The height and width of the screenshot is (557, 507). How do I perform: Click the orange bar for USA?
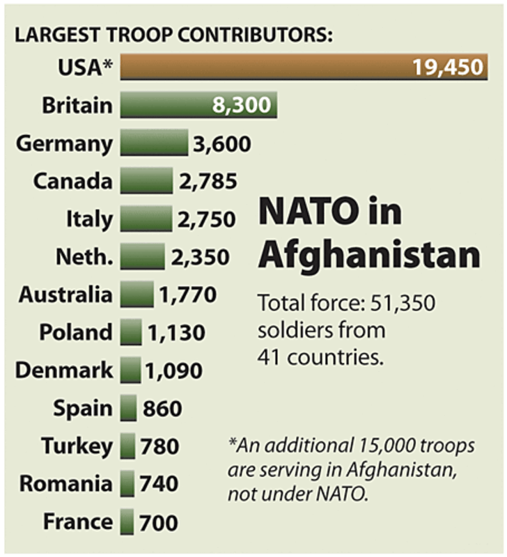265,68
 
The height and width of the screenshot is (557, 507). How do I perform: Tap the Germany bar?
153,143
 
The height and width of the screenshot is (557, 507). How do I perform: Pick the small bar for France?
127,521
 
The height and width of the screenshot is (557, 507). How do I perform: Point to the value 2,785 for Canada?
207,182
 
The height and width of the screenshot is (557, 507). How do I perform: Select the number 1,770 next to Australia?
188,295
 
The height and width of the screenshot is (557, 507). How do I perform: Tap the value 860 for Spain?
162,408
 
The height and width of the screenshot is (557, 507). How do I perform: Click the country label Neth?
84,257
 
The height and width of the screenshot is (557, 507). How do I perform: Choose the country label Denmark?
63,370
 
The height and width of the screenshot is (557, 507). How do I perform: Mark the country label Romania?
65,483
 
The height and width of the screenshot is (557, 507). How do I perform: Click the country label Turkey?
77,446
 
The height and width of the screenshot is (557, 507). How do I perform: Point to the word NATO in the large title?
305,212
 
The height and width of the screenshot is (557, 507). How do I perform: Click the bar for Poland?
131,332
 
